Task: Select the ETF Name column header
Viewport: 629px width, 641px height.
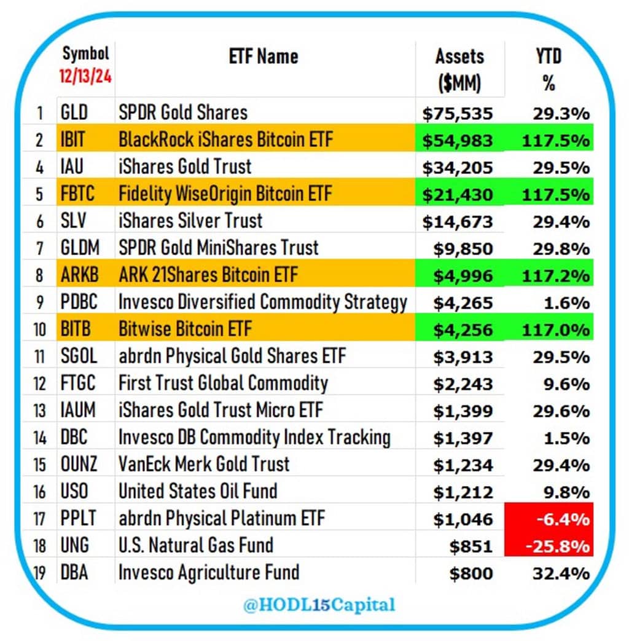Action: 264,57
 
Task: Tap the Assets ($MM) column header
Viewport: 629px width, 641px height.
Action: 459,69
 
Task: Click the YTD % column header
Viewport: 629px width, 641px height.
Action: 549,69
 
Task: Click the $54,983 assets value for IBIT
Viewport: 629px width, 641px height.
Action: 457,140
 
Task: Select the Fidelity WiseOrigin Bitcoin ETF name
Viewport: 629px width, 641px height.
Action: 225,194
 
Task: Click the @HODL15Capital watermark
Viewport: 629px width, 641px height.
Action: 319,605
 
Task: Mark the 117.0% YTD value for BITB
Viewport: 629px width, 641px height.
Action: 557,330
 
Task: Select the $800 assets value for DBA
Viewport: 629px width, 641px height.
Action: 471,573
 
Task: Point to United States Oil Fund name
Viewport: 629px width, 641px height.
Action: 198,491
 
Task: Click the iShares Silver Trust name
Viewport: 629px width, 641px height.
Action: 190,221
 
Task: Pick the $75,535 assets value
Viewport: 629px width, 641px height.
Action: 457,113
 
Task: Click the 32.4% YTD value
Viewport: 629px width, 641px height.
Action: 561,573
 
